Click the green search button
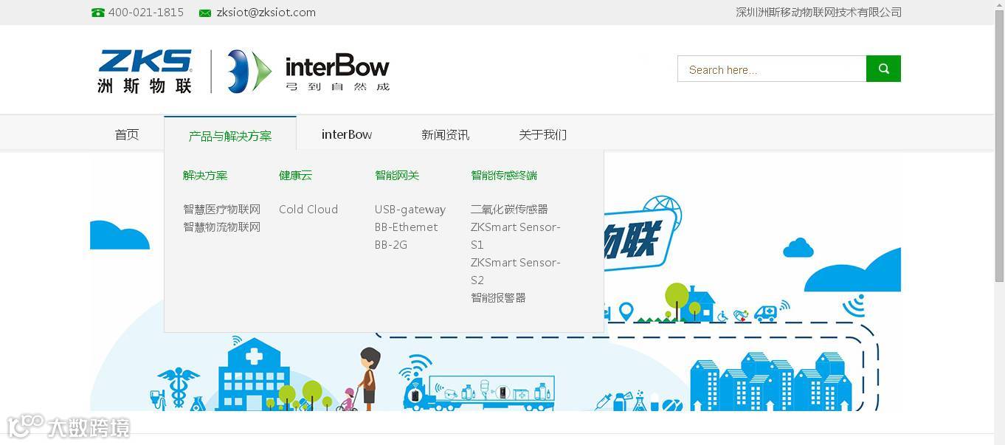tap(883, 69)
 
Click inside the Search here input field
tap(771, 69)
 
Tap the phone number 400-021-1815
tap(145, 13)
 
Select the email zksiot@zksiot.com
tap(266, 13)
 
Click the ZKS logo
tap(145, 71)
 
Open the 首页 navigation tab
tap(127, 134)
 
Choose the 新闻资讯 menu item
tap(445, 134)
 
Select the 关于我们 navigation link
tap(542, 134)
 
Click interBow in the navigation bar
tap(347, 134)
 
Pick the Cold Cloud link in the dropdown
tap(308, 210)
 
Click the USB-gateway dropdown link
tap(410, 210)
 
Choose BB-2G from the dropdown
tap(391, 245)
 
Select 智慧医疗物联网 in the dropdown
tap(221, 210)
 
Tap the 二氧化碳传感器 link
tap(509, 210)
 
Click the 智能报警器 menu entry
tap(498, 298)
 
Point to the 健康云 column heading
tap(295, 176)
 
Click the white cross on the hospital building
tap(253, 357)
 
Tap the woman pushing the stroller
tap(368, 376)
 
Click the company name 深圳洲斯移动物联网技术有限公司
tap(818, 13)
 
